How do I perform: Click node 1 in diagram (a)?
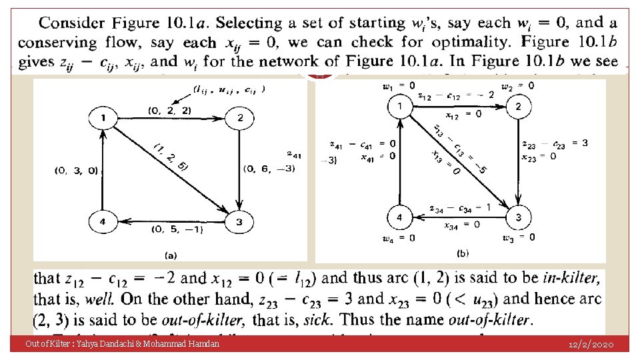click(103, 119)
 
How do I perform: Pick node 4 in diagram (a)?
click(103, 221)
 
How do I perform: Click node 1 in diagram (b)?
click(399, 106)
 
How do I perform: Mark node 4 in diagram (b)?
click(399, 217)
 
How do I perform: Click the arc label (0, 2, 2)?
click(170, 109)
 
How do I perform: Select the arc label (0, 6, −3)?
click(270, 168)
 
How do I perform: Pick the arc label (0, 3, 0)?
click(77, 171)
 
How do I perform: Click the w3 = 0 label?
click(519, 237)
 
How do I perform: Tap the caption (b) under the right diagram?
click(463, 253)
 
